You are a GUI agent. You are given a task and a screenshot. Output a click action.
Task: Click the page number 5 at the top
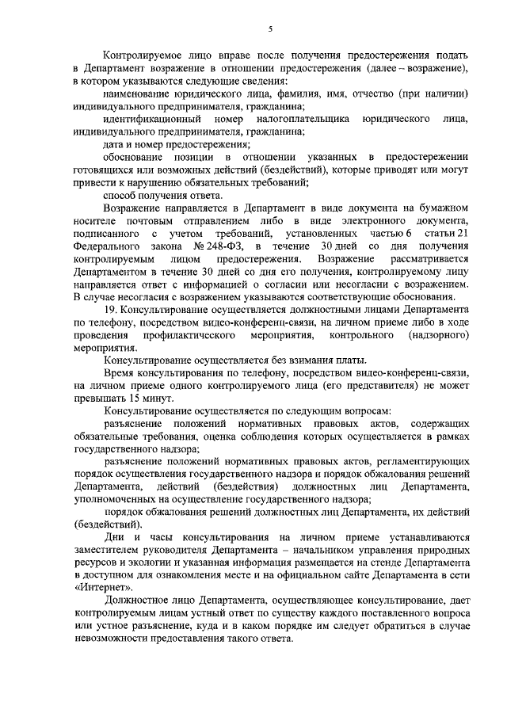[270, 29]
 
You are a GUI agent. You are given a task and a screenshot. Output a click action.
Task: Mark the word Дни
[112, 536]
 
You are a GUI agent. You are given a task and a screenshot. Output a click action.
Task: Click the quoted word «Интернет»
[103, 587]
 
